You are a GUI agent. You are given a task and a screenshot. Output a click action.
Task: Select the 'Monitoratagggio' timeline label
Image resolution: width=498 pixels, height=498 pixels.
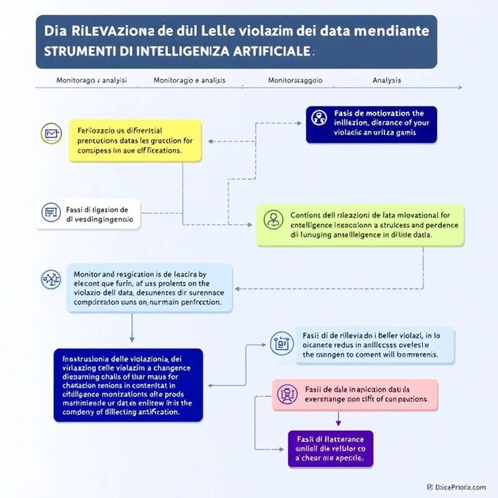click(x=295, y=80)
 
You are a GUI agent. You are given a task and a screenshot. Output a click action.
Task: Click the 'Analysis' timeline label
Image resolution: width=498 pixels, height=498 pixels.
click(x=386, y=80)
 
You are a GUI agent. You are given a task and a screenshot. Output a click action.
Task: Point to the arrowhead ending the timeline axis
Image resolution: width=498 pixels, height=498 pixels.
click(x=459, y=87)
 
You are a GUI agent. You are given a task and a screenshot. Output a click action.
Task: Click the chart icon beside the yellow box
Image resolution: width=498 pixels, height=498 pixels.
click(x=51, y=134)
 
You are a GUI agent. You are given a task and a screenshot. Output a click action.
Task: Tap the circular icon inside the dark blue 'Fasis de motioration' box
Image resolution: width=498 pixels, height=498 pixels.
click(x=318, y=117)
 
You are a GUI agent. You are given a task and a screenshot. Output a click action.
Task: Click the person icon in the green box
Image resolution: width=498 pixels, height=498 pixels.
click(x=274, y=219)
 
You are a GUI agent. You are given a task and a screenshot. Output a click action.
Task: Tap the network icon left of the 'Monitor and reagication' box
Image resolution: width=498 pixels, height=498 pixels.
click(x=50, y=279)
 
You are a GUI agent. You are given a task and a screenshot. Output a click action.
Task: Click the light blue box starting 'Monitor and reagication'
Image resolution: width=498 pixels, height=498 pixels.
click(x=149, y=287)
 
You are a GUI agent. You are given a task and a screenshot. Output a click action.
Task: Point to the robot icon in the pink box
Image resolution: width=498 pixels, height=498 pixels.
click(x=286, y=394)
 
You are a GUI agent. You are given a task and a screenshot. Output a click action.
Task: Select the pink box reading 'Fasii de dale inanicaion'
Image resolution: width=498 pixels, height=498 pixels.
click(x=354, y=394)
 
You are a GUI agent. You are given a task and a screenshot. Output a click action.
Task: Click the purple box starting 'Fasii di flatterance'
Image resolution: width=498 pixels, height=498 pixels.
click(x=330, y=448)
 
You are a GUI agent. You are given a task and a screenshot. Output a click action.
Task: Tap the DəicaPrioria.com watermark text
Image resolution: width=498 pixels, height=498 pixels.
click(x=460, y=486)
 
